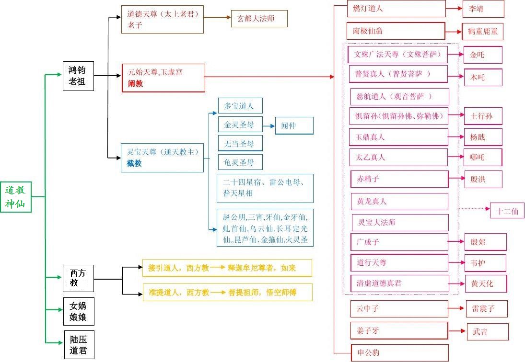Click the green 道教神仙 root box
(x=16, y=197)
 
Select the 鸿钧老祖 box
(x=78, y=76)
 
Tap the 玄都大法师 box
(x=259, y=19)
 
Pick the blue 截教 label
(x=135, y=163)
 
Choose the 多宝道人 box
(x=240, y=106)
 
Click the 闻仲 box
(x=294, y=125)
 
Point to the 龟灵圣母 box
(x=240, y=162)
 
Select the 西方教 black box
(x=78, y=278)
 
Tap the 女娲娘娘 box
(x=78, y=311)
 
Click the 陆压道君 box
(x=79, y=344)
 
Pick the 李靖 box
(x=483, y=9)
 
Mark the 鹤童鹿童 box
(x=482, y=31)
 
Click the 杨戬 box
(x=482, y=137)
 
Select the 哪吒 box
(x=482, y=157)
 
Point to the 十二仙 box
(x=507, y=211)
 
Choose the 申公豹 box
(x=399, y=353)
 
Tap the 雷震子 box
(x=486, y=309)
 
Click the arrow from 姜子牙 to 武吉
(x=457, y=331)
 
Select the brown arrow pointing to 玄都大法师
(x=217, y=18)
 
